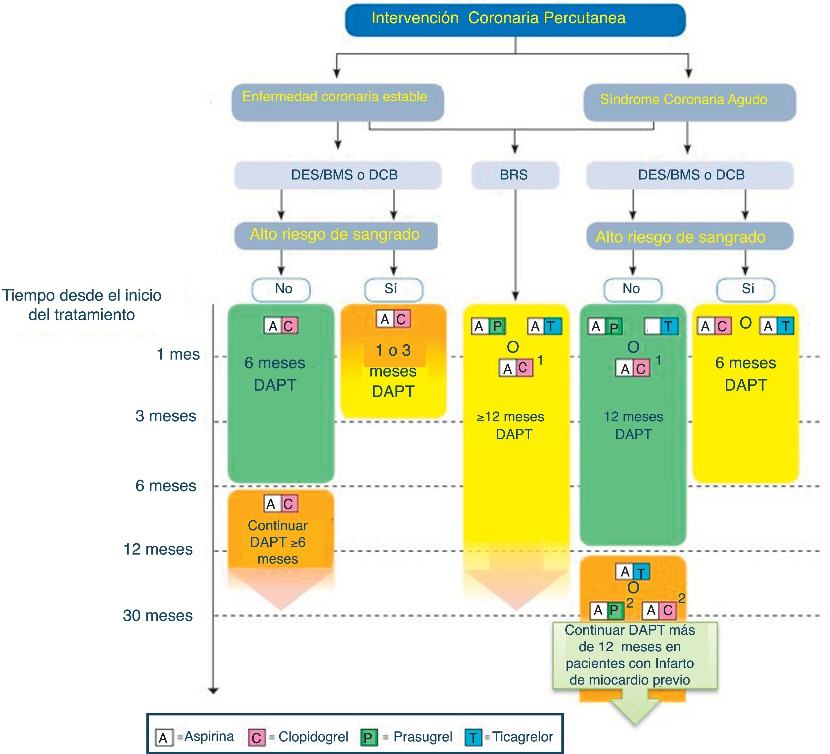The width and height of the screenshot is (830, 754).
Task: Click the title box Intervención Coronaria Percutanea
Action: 515,19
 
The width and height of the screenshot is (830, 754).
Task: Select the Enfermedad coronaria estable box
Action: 337,101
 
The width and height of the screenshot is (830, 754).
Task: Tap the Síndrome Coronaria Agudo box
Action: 689,101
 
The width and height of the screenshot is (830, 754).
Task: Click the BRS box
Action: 515,175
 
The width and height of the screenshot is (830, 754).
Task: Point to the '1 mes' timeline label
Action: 178,354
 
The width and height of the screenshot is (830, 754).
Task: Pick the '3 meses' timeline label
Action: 166,416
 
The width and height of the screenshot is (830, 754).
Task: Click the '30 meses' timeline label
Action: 158,615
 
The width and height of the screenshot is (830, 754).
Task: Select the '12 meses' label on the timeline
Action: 158,549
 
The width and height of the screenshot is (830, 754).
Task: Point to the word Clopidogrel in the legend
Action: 313,737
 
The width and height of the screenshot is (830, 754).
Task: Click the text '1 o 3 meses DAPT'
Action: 393,371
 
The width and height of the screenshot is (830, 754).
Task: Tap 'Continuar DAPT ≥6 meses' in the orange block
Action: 278,542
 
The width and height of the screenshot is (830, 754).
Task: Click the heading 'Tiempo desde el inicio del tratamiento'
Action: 82,305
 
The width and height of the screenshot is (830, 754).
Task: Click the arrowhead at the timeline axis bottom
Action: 213,691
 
